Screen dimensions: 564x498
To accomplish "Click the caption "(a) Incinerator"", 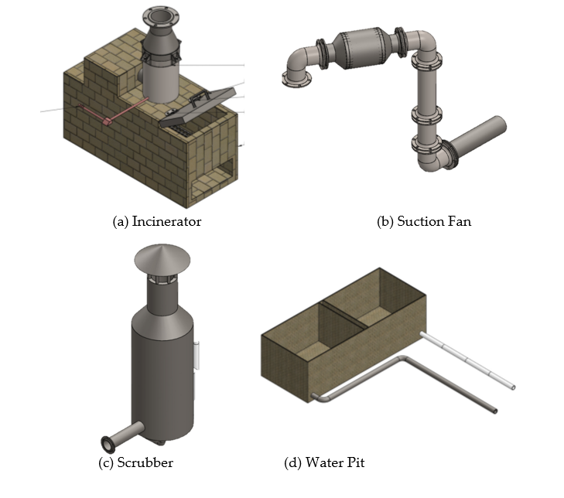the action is pos(157,221).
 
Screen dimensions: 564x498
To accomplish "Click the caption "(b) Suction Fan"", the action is pos(424,221).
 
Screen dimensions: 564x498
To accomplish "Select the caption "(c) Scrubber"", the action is pos(135,462).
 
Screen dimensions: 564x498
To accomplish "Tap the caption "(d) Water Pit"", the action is pos(324,462).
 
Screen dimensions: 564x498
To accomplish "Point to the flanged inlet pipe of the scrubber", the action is pos(123,436).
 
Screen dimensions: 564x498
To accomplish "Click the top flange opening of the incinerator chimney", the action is pos(160,16).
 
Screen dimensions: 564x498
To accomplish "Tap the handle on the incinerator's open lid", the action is pos(200,97).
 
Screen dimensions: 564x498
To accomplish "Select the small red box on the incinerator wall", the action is pos(108,121).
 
